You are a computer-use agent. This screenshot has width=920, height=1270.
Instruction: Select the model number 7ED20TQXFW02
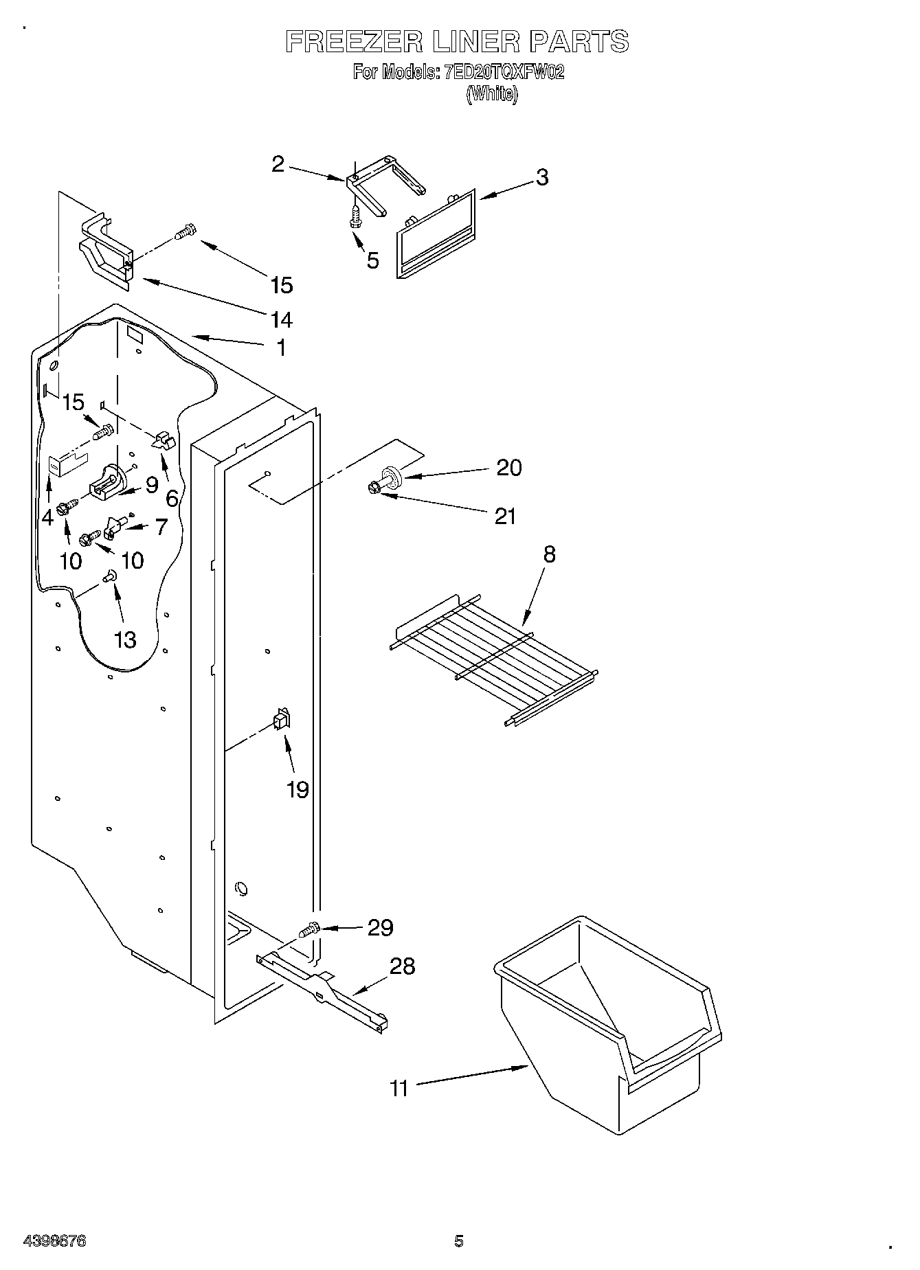(505, 71)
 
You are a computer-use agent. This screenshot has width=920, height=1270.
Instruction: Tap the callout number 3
(542, 177)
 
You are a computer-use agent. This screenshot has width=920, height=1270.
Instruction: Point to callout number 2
(278, 164)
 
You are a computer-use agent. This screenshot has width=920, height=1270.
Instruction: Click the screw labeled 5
(356, 217)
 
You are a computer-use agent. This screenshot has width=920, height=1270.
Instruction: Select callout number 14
(282, 319)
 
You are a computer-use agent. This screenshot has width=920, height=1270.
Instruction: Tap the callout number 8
(549, 554)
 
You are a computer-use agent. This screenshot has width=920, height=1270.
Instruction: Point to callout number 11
(399, 1088)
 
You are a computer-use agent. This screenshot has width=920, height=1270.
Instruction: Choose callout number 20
(508, 468)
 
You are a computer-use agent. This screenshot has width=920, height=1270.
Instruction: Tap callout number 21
(505, 516)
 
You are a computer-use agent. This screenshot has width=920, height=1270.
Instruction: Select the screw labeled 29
(309, 931)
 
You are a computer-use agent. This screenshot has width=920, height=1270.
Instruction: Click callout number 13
(125, 639)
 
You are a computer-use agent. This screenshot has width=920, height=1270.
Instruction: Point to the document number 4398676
(54, 1241)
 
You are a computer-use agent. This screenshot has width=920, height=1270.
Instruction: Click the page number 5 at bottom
(459, 1240)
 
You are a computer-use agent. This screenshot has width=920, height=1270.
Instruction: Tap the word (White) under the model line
(491, 94)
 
